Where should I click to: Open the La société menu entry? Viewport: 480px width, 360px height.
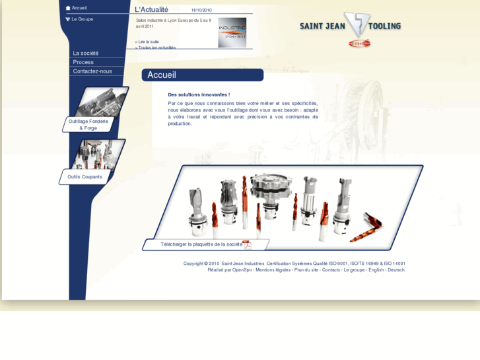[86, 53]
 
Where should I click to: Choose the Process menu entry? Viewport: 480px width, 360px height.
[83, 62]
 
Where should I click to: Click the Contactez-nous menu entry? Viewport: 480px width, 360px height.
[92, 71]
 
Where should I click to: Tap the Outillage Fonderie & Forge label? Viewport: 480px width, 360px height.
[88, 124]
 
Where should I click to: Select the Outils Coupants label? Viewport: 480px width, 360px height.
[85, 177]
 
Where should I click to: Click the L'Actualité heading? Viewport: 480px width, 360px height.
[151, 10]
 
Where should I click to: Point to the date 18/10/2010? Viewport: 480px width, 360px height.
[201, 11]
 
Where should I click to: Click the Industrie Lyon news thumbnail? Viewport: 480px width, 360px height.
[232, 32]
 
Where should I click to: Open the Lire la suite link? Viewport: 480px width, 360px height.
[148, 42]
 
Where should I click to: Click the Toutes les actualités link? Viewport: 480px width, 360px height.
[156, 48]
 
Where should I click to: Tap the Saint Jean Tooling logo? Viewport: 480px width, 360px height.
[351, 28]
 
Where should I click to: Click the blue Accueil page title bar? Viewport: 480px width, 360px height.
[202, 75]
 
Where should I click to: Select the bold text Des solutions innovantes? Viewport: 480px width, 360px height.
[199, 94]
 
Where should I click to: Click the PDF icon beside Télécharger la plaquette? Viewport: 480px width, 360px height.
[247, 244]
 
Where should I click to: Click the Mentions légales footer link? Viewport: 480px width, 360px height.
[273, 270]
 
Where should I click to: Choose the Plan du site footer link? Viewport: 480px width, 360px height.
[306, 270]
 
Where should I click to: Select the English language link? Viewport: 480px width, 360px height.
[376, 270]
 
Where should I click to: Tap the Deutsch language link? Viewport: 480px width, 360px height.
[396, 270]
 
